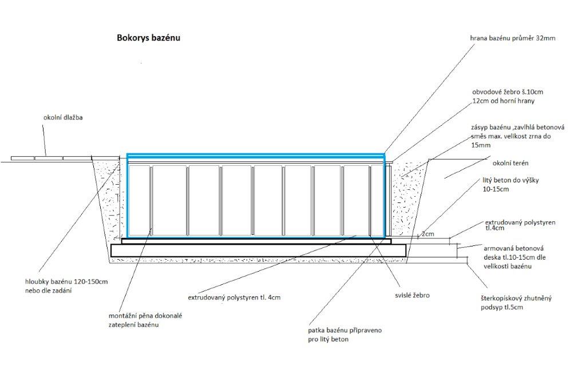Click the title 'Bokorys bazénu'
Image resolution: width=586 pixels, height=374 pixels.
[148, 38]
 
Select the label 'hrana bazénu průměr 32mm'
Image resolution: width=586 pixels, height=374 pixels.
[513, 39]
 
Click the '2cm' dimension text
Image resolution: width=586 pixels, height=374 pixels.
[427, 234]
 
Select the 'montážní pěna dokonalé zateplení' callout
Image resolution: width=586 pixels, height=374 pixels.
[145, 320]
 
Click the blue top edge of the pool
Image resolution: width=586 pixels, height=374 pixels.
[256, 154]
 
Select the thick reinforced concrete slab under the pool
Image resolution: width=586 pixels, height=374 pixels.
[258, 250]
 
